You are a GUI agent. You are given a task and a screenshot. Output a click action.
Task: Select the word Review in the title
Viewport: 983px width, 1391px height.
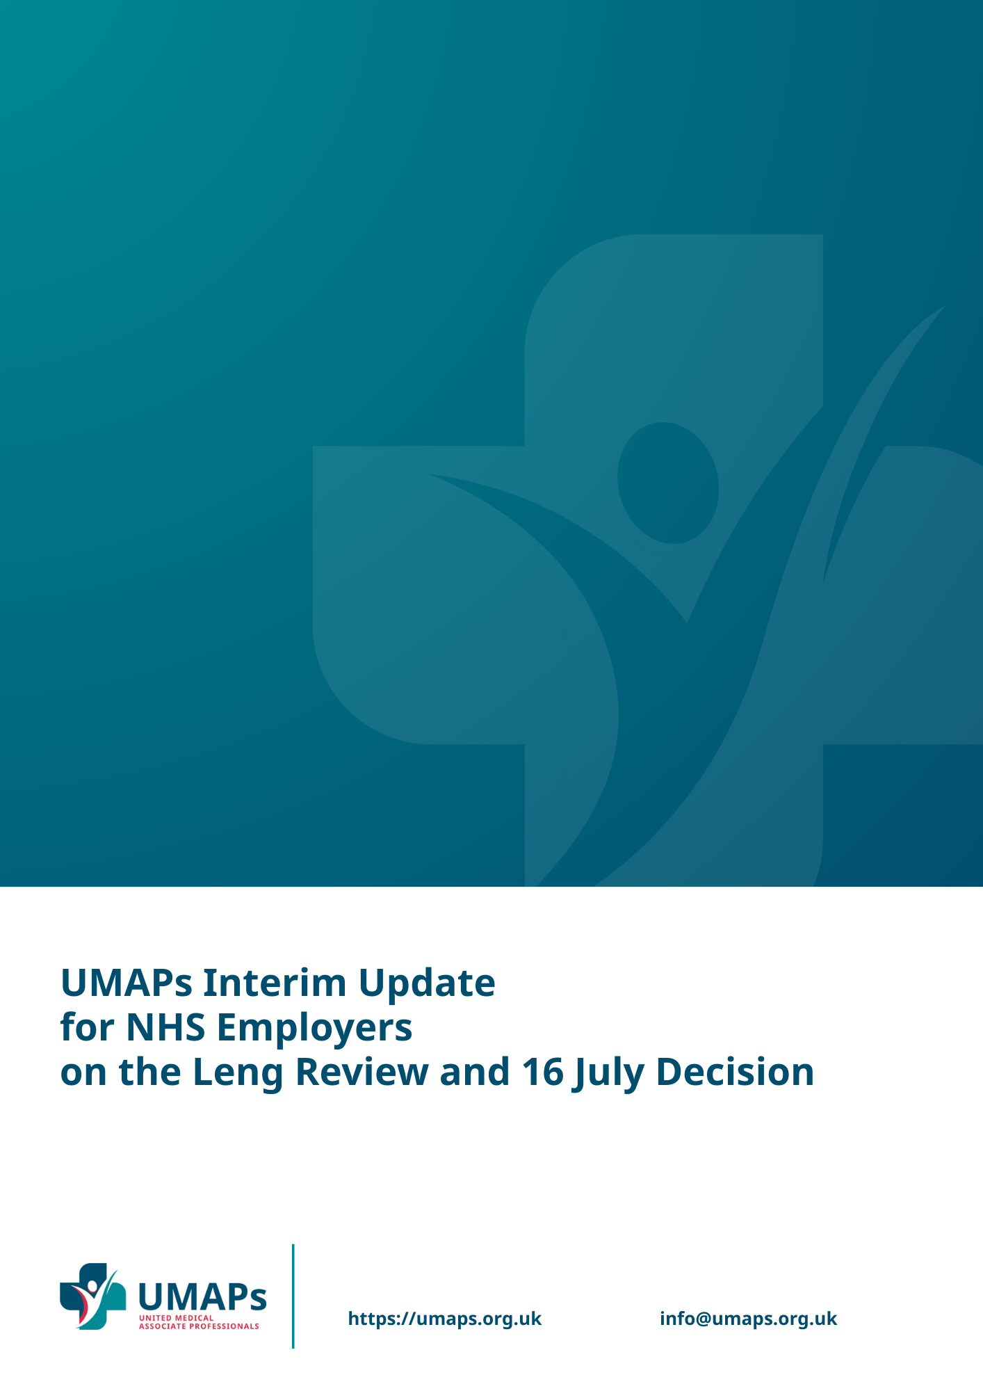click(362, 1072)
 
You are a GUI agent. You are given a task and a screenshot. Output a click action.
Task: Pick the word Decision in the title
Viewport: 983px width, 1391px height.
click(736, 1072)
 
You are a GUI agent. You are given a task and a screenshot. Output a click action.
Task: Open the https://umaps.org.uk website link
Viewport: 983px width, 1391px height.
click(445, 1319)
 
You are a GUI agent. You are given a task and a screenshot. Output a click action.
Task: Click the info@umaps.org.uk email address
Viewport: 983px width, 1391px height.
click(749, 1319)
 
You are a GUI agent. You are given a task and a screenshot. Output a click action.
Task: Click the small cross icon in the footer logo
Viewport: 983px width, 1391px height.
click(93, 1296)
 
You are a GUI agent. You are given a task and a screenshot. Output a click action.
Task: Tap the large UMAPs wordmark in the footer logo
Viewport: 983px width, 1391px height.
click(202, 1296)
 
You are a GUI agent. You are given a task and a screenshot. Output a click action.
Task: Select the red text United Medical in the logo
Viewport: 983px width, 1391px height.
click(177, 1318)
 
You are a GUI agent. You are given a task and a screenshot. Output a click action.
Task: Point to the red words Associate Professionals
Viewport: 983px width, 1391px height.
click(199, 1326)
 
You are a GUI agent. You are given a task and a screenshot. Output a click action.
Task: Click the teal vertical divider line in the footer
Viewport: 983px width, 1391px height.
click(293, 1296)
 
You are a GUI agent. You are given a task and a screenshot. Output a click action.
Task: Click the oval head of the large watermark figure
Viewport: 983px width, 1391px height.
click(668, 483)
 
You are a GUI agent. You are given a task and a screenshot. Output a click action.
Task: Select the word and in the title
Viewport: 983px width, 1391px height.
click(476, 1072)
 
